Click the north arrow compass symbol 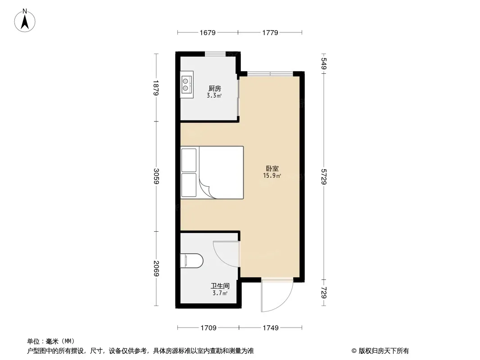pyautogui.click(x=25, y=21)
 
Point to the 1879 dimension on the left pyautogui.click(x=156, y=88)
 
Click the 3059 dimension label pyautogui.click(x=156, y=176)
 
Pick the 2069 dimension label pyautogui.click(x=156, y=268)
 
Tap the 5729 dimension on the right pyautogui.click(x=324, y=176)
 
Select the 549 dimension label pyautogui.click(x=324, y=63)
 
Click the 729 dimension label pyautogui.click(x=324, y=292)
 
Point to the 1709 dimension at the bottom pyautogui.click(x=208, y=328)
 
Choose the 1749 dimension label pyautogui.click(x=271, y=328)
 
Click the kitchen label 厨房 pyautogui.click(x=215, y=89)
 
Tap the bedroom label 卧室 pyautogui.click(x=272, y=169)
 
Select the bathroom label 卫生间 pyautogui.click(x=220, y=286)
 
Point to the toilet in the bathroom pyautogui.click(x=192, y=260)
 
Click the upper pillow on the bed pyautogui.click(x=189, y=160)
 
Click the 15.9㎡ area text pyautogui.click(x=272, y=176)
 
